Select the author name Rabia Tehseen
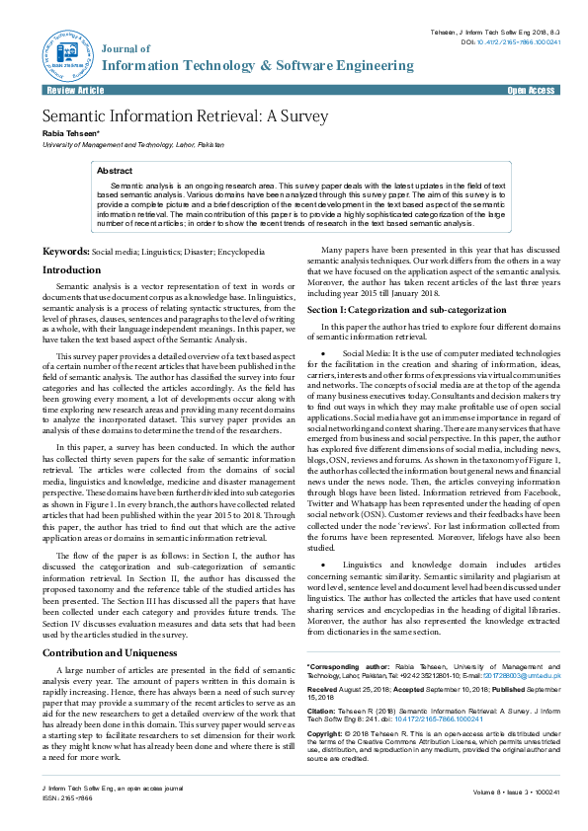pos(70,133)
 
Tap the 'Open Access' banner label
pos(531,90)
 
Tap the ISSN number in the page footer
pos(64,798)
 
